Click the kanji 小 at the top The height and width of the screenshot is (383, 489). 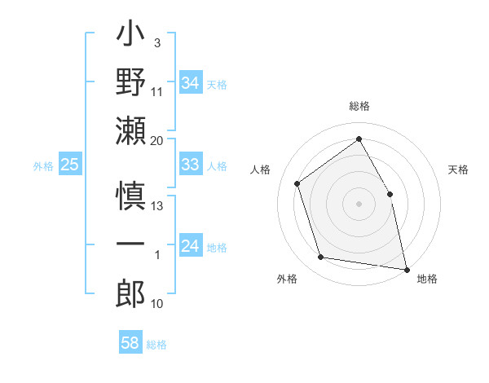tap(130, 37)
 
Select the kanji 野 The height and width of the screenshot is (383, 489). tap(130, 82)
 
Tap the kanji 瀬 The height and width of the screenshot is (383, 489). tap(130, 129)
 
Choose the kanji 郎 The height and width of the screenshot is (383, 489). tap(130, 291)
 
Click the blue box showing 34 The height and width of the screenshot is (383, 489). tap(191, 83)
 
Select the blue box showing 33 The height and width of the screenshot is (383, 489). tap(191, 165)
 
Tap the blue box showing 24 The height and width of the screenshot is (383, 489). tap(191, 246)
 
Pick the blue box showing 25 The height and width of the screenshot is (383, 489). tap(70, 165)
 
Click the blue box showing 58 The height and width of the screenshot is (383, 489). tap(130, 343)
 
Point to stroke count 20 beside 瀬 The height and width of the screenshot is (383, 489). tap(157, 140)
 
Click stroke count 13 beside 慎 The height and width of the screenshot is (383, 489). tap(157, 205)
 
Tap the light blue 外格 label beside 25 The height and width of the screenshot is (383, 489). tap(43, 165)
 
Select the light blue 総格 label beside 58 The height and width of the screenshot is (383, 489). tap(156, 344)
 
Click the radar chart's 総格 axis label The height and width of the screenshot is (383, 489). tap(359, 106)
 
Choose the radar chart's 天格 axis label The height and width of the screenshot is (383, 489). tap(459, 169)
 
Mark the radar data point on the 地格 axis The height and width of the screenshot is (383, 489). tap(406, 268)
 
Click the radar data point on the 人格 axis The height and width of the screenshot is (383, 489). tap(297, 183)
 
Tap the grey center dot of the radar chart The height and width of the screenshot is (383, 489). tap(359, 203)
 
